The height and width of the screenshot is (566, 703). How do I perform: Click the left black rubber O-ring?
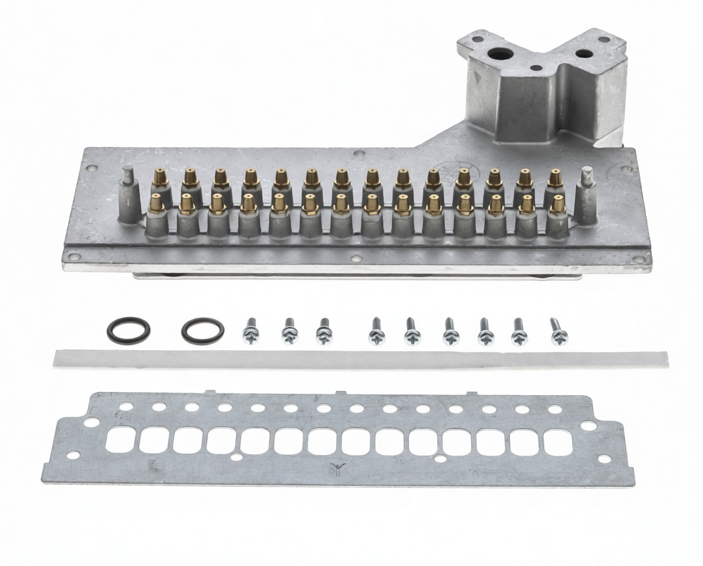point(128,330)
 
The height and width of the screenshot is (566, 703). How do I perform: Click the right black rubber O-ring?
point(203,331)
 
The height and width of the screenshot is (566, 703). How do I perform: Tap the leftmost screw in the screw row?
point(251,331)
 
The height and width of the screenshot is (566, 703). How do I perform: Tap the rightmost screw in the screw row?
point(558,331)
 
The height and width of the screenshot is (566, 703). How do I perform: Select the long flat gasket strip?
point(360,359)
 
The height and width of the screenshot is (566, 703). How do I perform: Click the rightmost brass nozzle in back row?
point(555,178)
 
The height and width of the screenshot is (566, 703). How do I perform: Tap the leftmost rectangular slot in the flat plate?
point(121,439)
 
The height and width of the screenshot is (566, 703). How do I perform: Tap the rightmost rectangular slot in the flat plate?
point(557,442)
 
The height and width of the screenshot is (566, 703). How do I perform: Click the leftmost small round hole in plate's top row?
point(126,405)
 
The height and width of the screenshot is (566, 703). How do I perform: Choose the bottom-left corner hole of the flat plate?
point(73,455)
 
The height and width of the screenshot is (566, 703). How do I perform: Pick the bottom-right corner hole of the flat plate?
point(604,459)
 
